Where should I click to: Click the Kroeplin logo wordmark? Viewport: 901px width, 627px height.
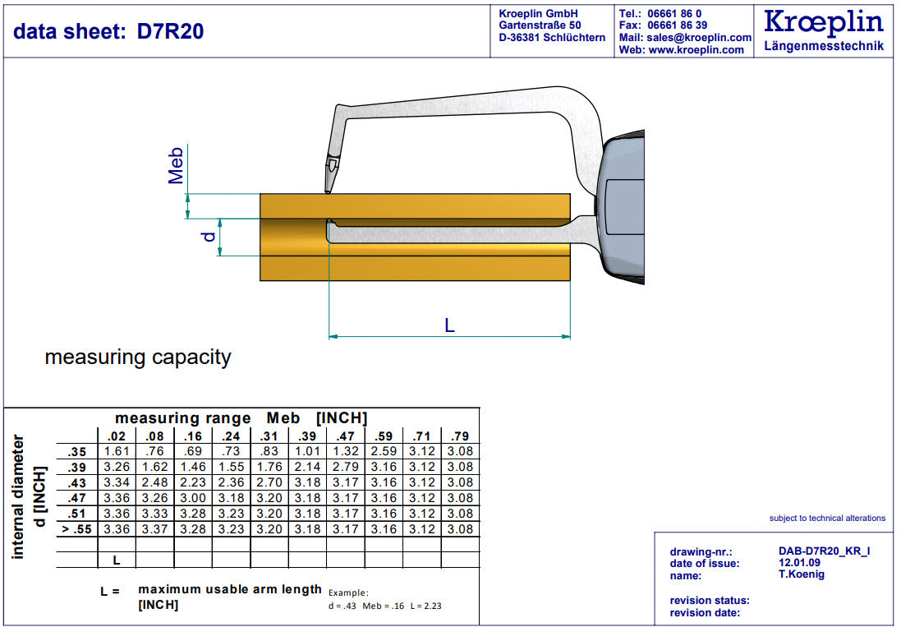(x=824, y=22)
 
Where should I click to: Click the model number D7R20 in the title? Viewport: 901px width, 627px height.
(x=170, y=31)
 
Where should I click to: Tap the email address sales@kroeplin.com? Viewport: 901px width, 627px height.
(x=699, y=37)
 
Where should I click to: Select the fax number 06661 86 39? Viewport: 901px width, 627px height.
(x=677, y=25)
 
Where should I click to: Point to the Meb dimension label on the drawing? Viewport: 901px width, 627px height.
(x=176, y=165)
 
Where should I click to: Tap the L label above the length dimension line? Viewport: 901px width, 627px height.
(x=449, y=326)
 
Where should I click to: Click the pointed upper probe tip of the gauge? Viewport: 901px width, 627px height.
(x=327, y=192)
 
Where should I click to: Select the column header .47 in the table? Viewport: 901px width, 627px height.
(x=345, y=436)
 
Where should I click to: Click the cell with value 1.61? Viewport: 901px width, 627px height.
(x=117, y=452)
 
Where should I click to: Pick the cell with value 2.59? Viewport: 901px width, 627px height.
(x=384, y=452)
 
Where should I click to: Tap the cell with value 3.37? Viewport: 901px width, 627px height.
(x=154, y=529)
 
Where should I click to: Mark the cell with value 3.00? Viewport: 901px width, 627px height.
(x=193, y=498)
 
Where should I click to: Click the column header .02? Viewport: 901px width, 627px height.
(x=117, y=436)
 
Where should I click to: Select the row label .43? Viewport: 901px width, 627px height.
(x=77, y=483)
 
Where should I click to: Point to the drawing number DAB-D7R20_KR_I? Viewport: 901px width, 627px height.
(x=824, y=551)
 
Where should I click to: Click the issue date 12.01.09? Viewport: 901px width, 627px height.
(x=799, y=563)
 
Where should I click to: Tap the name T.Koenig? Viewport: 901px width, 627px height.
(x=802, y=574)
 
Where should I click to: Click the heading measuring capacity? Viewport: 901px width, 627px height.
(x=138, y=357)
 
